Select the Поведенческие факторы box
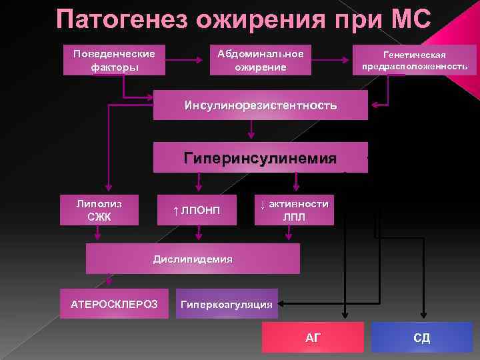click(114, 60)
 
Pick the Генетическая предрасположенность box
click(415, 61)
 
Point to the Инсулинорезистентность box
click(260, 105)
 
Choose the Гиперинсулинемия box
click(260, 158)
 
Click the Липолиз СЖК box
click(99, 209)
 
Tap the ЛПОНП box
click(197, 211)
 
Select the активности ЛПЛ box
click(294, 209)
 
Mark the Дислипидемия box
click(193, 259)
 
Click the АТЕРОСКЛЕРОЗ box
click(114, 304)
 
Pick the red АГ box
click(313, 337)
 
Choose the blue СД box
click(421, 337)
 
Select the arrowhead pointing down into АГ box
click(344, 317)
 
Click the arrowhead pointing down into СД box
click(421, 317)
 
